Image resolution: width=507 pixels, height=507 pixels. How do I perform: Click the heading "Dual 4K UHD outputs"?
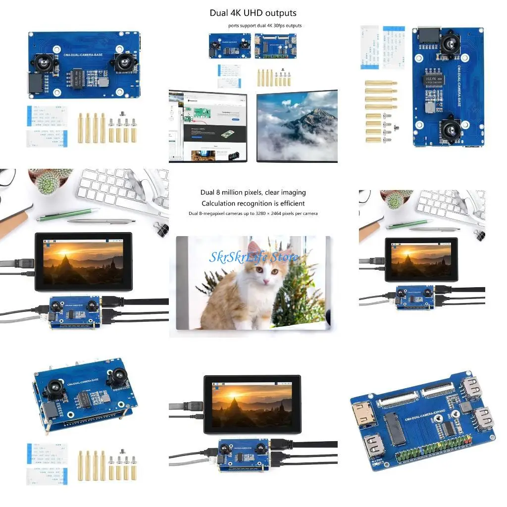point(253,13)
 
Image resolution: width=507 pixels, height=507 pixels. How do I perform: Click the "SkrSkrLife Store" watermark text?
point(253,257)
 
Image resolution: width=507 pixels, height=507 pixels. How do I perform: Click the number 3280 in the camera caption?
point(265,213)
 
